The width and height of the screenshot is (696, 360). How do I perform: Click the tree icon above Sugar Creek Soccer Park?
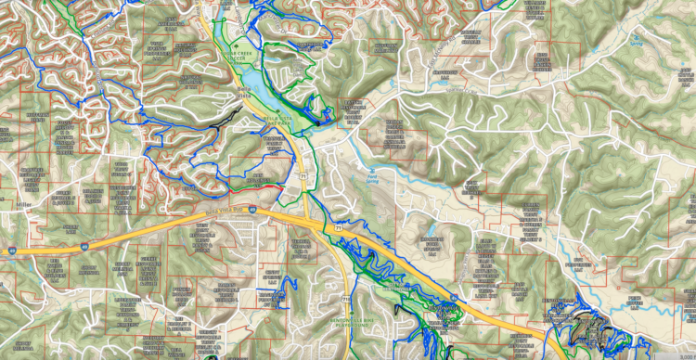(243, 45)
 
